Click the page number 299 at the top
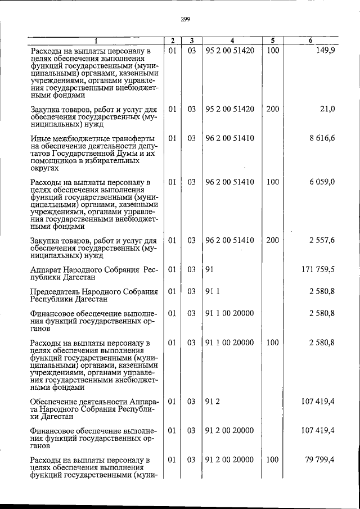(x=186, y=19)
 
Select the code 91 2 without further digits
(x=211, y=402)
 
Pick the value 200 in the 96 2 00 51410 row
(x=272, y=240)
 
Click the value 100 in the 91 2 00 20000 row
(x=272, y=460)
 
